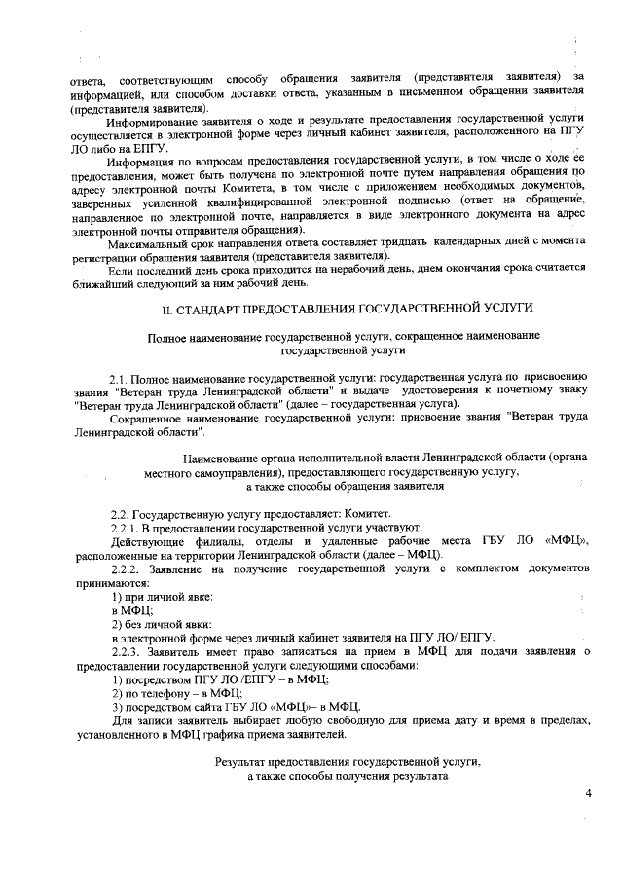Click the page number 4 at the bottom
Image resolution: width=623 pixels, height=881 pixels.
pyautogui.click(x=588, y=794)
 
